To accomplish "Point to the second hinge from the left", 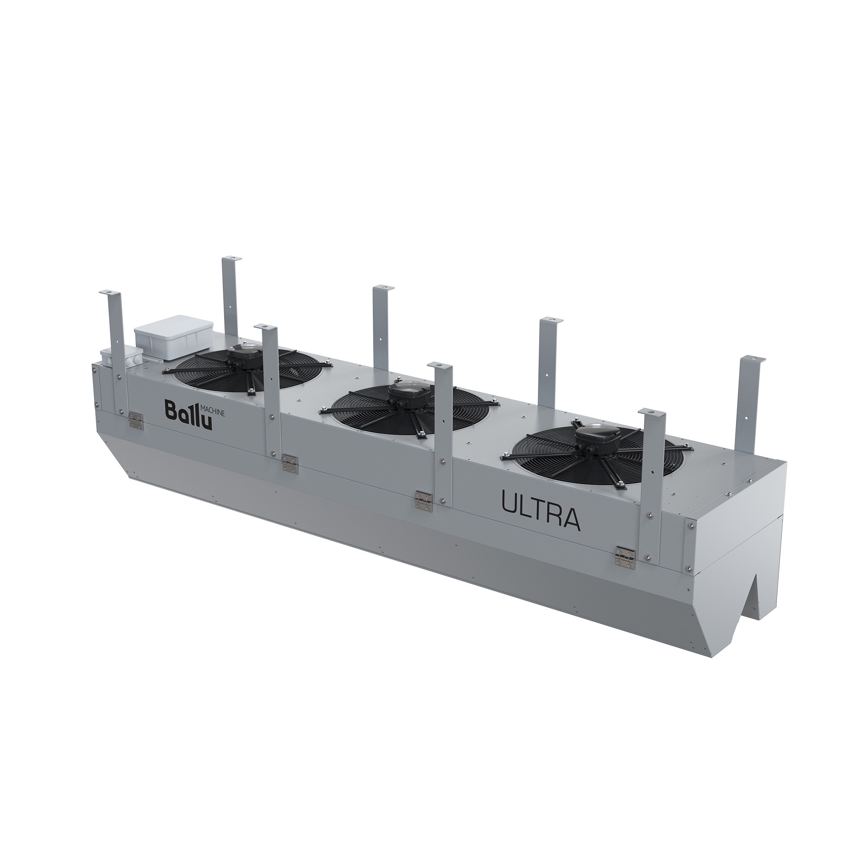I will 290,462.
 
